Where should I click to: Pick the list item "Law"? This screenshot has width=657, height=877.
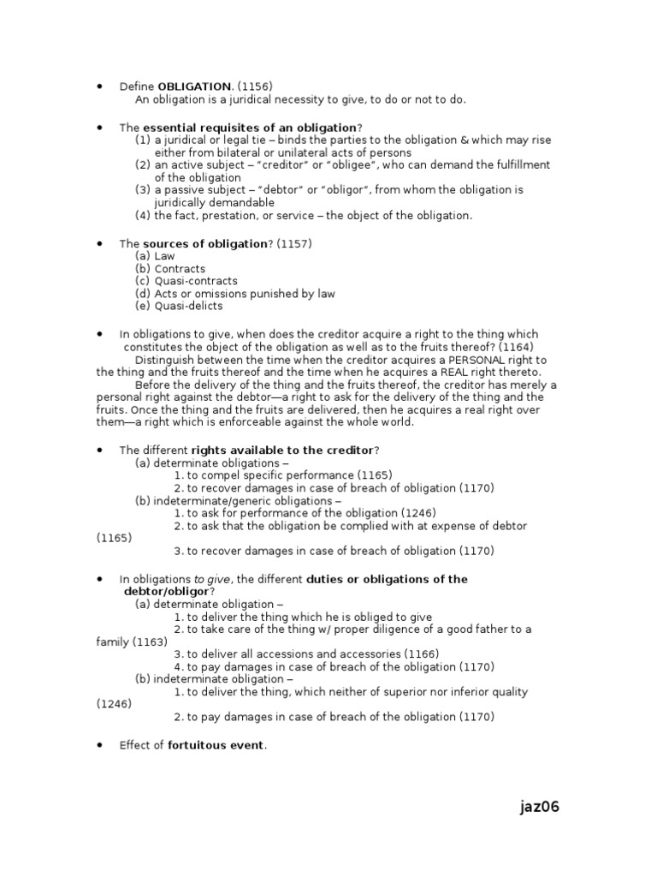pos(164,256)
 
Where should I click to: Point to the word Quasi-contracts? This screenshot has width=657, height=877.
pos(196,281)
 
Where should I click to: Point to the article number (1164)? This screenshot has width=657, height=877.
pos(519,347)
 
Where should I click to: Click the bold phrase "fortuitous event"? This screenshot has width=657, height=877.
pos(216,745)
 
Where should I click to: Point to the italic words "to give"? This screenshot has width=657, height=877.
pos(210,580)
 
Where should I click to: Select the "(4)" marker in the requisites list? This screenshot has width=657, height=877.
pos(143,216)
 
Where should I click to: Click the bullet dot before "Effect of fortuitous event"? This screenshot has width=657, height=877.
pos(100,745)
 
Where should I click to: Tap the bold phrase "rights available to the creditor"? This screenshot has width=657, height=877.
pos(282,450)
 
